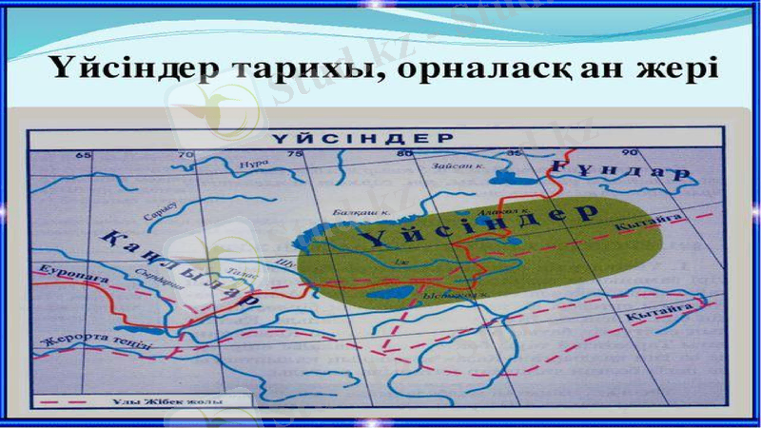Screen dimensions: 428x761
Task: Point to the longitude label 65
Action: (x=83, y=154)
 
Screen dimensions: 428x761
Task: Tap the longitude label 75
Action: (x=296, y=154)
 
